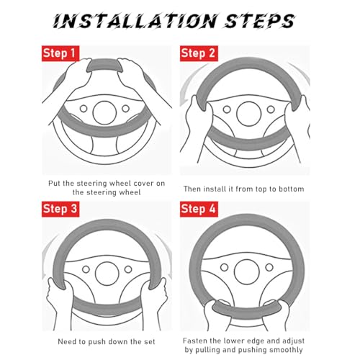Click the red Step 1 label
point(60,53)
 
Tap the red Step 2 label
point(199,53)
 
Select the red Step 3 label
point(60,209)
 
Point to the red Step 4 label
point(199,209)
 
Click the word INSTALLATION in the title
point(135,21)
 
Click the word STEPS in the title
point(260,21)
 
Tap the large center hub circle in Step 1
point(104,112)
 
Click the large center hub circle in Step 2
point(248,114)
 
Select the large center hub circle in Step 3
point(107,274)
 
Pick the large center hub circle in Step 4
point(247,272)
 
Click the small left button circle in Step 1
point(84,109)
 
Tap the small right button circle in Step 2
point(271,109)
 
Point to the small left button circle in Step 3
point(86,269)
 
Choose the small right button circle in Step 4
point(269,267)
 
